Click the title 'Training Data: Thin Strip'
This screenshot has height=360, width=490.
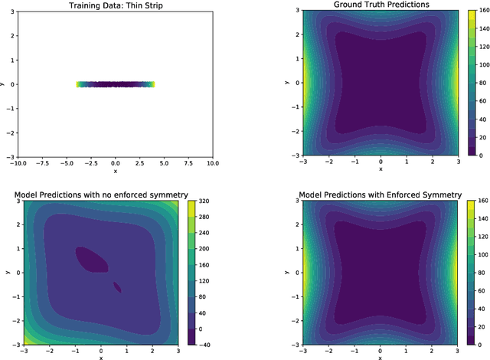[x=115, y=5]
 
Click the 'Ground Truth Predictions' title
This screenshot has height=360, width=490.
[x=381, y=5]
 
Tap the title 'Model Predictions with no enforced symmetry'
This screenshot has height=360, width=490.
[x=101, y=195]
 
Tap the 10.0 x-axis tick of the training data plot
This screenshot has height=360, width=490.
[x=212, y=162]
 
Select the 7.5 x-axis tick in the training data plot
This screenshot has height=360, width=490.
[x=188, y=162]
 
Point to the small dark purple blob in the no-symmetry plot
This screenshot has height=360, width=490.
[x=117, y=287]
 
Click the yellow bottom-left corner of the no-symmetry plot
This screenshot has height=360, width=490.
[x=28, y=341]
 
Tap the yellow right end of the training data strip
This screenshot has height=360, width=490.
[x=152, y=84]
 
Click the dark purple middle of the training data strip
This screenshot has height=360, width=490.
[x=115, y=84]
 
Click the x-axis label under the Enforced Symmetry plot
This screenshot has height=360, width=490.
[x=381, y=357]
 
